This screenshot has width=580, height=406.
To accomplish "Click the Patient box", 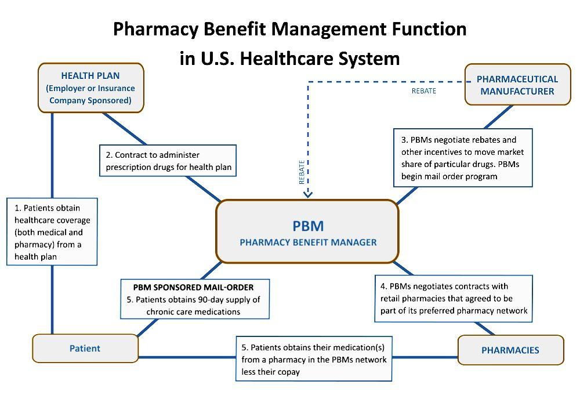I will pyautogui.click(x=85, y=349).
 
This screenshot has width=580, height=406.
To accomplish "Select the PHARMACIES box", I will pyautogui.click(x=510, y=350).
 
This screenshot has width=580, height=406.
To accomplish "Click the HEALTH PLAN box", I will pyautogui.click(x=90, y=88).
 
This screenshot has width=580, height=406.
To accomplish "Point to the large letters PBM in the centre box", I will pyautogui.click(x=308, y=225).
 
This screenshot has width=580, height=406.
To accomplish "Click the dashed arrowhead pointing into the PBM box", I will pyautogui.click(x=308, y=194).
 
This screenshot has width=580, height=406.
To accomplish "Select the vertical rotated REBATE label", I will pyautogui.click(x=302, y=172).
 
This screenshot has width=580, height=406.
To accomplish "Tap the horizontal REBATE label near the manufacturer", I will pyautogui.click(x=424, y=91).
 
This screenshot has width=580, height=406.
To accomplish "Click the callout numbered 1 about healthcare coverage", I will pyautogui.click(x=52, y=231).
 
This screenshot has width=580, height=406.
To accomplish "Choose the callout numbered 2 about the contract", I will pyautogui.click(x=169, y=161).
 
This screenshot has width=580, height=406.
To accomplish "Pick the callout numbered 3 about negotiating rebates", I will pyautogui.click(x=463, y=158).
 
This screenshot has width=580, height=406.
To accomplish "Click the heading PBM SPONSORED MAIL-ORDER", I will pyautogui.click(x=193, y=287).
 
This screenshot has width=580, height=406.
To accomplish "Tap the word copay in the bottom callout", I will pyautogui.click(x=288, y=371).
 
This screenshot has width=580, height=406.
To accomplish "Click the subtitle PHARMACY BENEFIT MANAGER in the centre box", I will pyautogui.click(x=308, y=242).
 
